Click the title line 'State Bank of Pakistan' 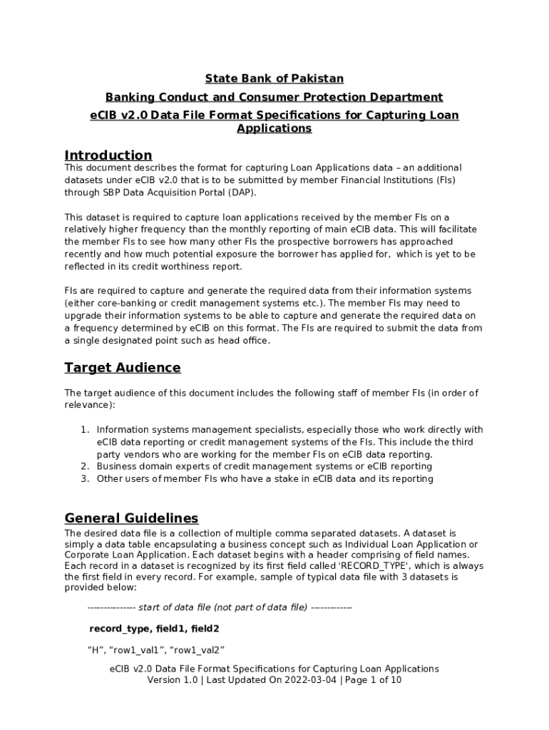(x=274, y=78)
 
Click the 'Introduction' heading (x=108, y=155)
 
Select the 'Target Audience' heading (x=122, y=368)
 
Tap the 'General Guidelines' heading (x=131, y=518)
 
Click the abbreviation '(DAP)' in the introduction (x=240, y=192)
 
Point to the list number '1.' (x=84, y=430)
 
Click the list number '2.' (x=84, y=466)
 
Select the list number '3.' (x=84, y=478)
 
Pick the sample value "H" (x=96, y=649)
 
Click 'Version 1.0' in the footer (x=172, y=680)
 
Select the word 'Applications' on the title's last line (x=274, y=129)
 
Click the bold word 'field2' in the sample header (x=205, y=629)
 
